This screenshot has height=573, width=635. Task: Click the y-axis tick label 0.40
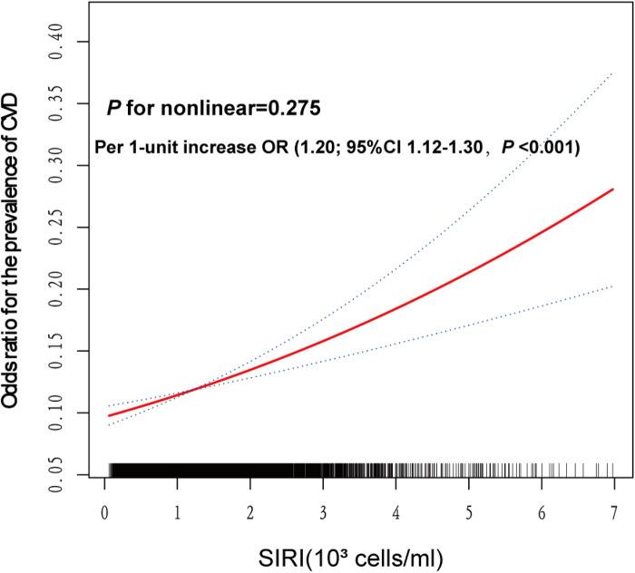(x=57, y=42)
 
